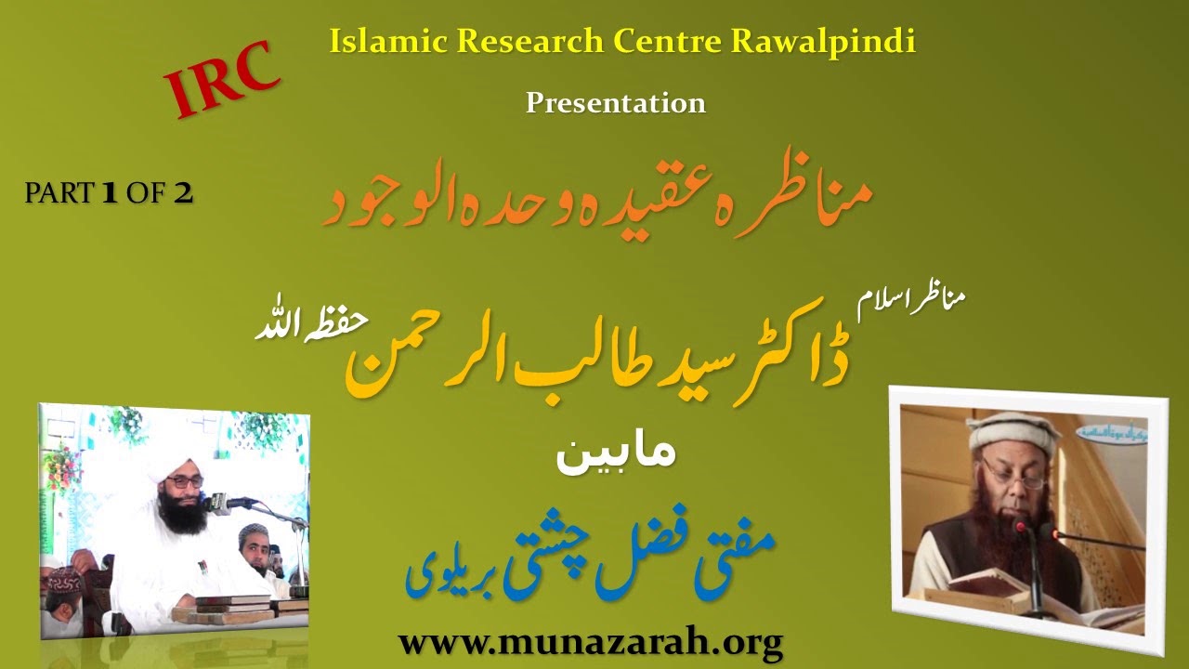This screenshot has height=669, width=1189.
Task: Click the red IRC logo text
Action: point(223,79)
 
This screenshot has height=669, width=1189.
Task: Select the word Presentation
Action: point(616,102)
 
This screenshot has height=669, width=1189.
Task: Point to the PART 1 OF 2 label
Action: point(109,193)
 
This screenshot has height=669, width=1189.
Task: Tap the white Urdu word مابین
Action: point(614,455)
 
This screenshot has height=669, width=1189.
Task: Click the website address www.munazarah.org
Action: point(590,641)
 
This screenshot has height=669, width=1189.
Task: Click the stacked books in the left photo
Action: point(223,610)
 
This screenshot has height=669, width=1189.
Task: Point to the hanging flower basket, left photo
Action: point(61,465)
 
